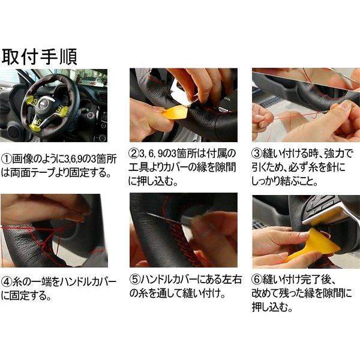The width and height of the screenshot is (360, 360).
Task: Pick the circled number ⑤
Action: (136, 280)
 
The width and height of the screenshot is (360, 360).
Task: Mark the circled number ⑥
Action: (259, 280)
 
